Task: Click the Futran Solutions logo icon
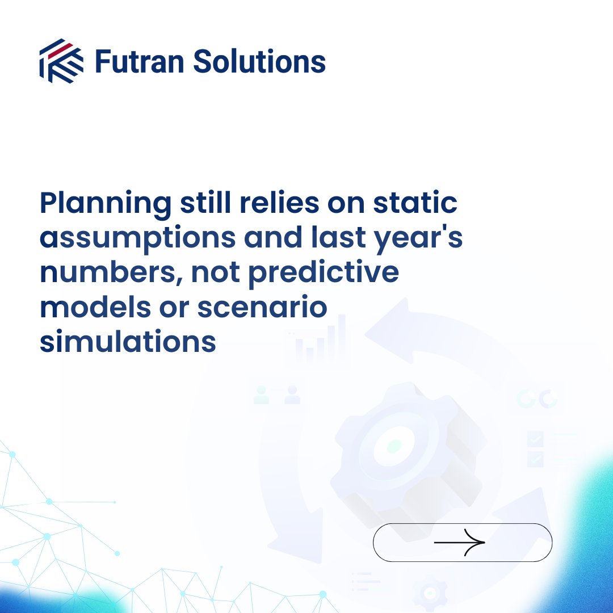point(61,61)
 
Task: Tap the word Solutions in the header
point(259,61)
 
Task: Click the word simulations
point(128,342)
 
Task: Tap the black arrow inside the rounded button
point(460,543)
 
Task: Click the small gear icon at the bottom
point(430,593)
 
